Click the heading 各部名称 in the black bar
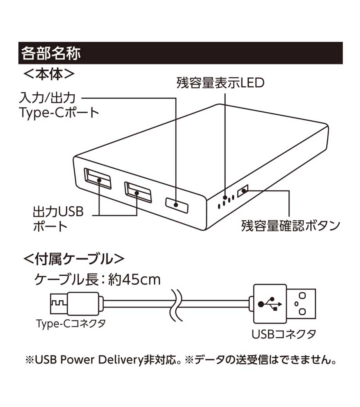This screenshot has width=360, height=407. pos(51,53)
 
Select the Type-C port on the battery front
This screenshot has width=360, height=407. pos(176,203)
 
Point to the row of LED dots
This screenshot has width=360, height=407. pos(226,200)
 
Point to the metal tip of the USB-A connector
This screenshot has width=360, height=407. pos(302,303)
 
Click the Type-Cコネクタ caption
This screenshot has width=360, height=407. pos(70,324)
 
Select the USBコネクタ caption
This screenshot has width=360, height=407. pos(284,334)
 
